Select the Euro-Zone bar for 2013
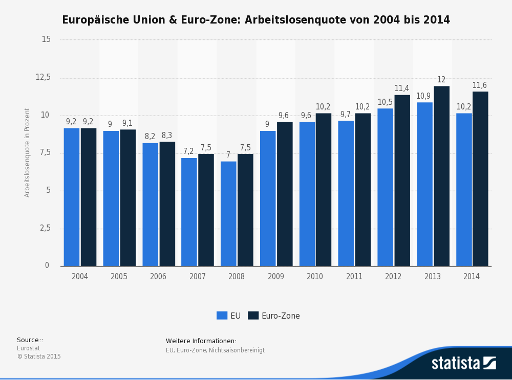click(x=441, y=176)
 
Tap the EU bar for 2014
click(x=464, y=189)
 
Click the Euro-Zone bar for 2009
click(x=285, y=194)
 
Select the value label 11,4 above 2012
click(x=402, y=88)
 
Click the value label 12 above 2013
click(x=441, y=80)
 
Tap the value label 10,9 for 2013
click(x=423, y=96)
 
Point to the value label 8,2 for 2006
click(x=150, y=137)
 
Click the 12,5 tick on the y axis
click(x=43, y=77)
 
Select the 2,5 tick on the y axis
click(x=45, y=228)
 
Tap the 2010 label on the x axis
click(x=315, y=277)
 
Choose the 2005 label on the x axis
click(x=119, y=277)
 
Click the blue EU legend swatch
click(x=222, y=316)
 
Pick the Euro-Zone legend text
click(x=281, y=316)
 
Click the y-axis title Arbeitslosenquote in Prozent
click(x=27, y=152)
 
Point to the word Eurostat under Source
click(x=28, y=348)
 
